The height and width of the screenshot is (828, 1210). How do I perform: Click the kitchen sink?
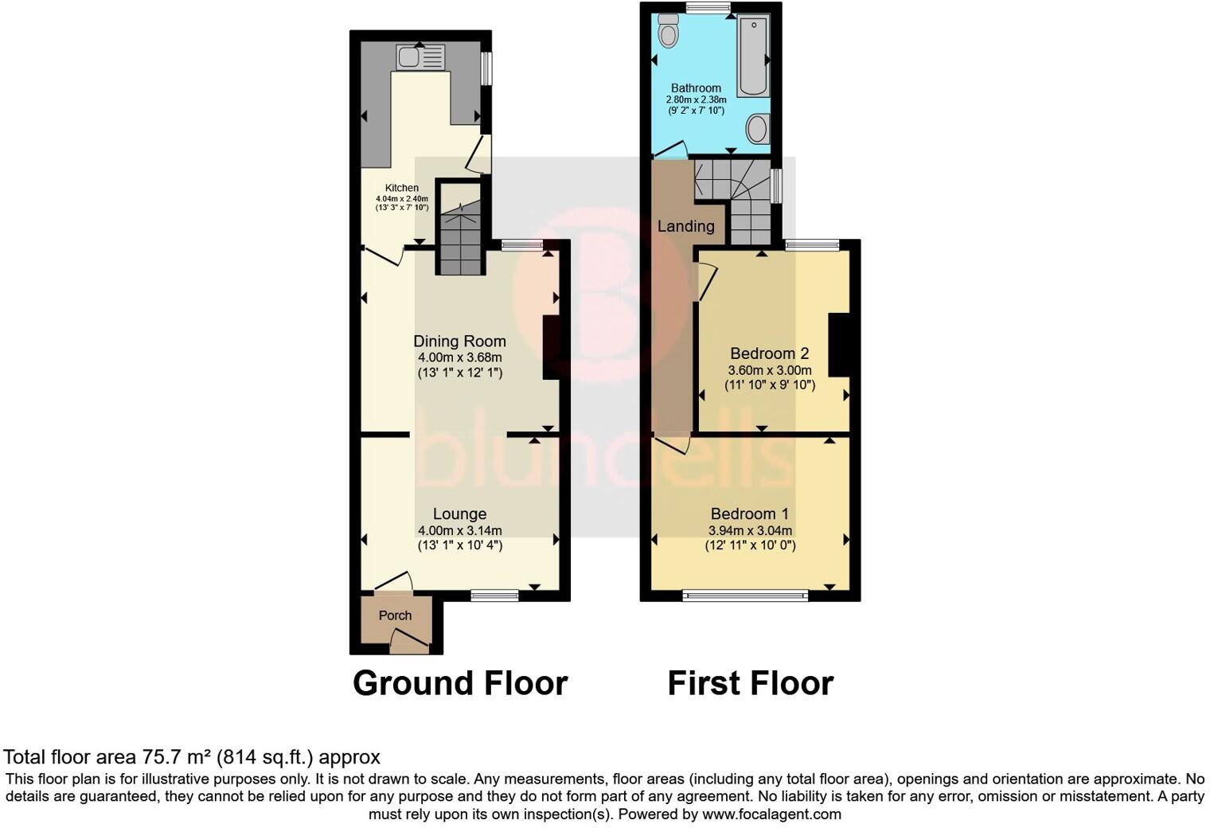point(421,57)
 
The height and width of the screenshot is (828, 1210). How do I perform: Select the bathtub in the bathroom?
point(752,56)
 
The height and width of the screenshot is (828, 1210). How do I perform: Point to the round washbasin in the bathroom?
point(758,127)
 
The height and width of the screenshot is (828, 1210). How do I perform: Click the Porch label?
point(395,615)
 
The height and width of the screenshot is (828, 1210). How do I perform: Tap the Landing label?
point(685,226)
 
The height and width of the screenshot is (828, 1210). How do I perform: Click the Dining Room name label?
point(459,341)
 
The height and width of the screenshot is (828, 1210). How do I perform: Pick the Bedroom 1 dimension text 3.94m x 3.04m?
point(750,531)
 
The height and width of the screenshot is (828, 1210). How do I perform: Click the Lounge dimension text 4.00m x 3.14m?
point(459,531)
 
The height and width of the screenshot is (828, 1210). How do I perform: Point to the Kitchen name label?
point(402,188)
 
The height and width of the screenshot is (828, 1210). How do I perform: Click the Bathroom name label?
point(696,88)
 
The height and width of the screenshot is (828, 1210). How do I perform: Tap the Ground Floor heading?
point(459,683)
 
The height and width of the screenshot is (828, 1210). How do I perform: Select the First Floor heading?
point(750,683)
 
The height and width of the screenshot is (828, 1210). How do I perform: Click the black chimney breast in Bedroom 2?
point(838,345)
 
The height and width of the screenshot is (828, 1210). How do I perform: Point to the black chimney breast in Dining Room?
point(551,348)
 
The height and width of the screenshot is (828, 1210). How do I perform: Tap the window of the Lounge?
point(494,593)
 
